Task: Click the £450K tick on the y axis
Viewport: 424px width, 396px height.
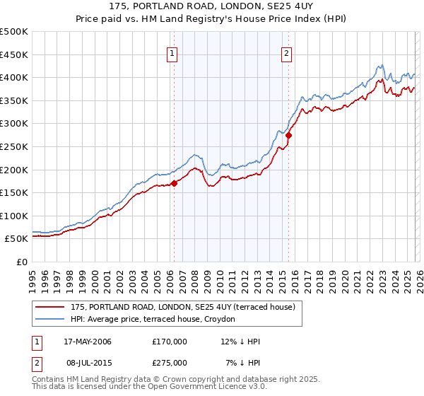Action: pos(14,54)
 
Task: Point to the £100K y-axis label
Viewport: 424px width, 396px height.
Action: pos(14,216)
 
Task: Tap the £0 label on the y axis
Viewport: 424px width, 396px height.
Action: pos(22,262)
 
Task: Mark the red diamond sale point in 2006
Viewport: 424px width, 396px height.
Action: pos(174,184)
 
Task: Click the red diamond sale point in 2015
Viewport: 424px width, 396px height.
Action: pos(288,134)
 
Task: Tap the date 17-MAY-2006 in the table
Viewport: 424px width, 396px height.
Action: pos(88,342)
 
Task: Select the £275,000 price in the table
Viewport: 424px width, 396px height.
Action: pos(170,361)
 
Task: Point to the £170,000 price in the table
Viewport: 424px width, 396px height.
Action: pos(170,342)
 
